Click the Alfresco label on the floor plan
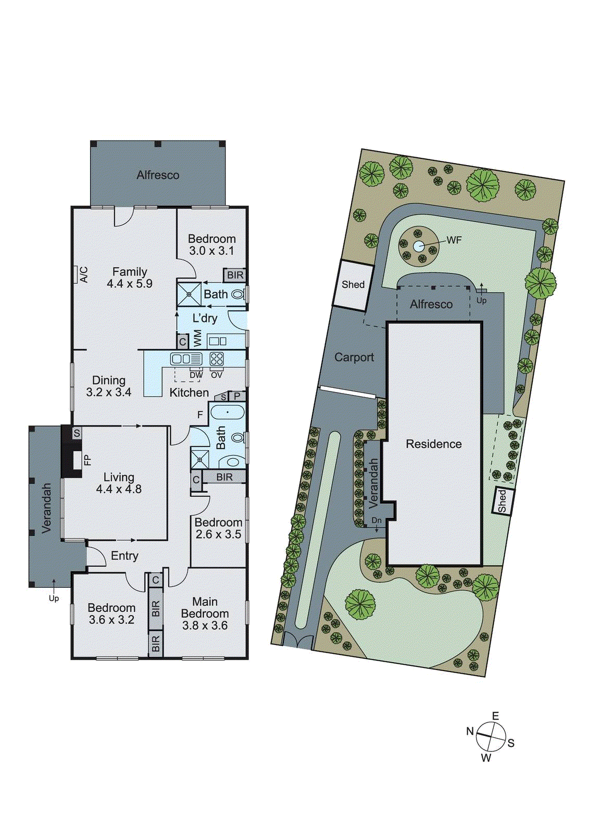(158, 175)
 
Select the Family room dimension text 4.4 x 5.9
(129, 284)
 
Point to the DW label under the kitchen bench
(196, 375)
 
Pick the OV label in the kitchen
(217, 375)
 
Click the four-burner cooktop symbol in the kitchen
(217, 359)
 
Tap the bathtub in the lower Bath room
(227, 413)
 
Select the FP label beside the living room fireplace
(87, 460)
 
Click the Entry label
(124, 556)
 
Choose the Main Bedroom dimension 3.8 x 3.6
(205, 625)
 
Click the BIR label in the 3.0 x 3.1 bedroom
(235, 275)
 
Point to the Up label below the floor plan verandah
(54, 598)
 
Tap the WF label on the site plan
(454, 240)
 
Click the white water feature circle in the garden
(419, 246)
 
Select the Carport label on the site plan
(354, 357)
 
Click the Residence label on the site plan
(433, 444)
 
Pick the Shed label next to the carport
(353, 284)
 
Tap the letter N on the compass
(470, 731)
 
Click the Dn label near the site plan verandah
(377, 520)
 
